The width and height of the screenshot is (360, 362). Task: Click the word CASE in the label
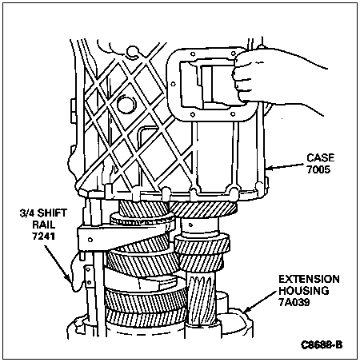(320, 157)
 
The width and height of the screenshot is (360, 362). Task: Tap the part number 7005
(318, 169)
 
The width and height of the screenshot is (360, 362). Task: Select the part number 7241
(43, 236)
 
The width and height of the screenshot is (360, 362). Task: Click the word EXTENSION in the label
(309, 279)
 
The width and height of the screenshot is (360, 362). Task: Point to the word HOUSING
(304, 291)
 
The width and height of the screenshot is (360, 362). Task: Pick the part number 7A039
(294, 302)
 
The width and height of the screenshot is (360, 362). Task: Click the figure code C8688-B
(322, 344)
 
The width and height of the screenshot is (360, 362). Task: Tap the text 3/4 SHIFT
(43, 213)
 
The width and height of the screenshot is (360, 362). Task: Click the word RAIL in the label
(44, 225)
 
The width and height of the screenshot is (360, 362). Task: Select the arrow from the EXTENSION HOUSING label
(260, 301)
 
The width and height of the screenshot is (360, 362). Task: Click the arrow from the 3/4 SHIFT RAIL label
(58, 264)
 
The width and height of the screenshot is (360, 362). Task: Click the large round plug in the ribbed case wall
(126, 105)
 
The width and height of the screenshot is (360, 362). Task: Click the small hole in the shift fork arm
(90, 240)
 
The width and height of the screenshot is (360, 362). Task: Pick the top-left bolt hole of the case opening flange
(192, 54)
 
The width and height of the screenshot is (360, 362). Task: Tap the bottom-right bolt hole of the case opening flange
(233, 114)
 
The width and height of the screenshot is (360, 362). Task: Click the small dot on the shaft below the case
(191, 225)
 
